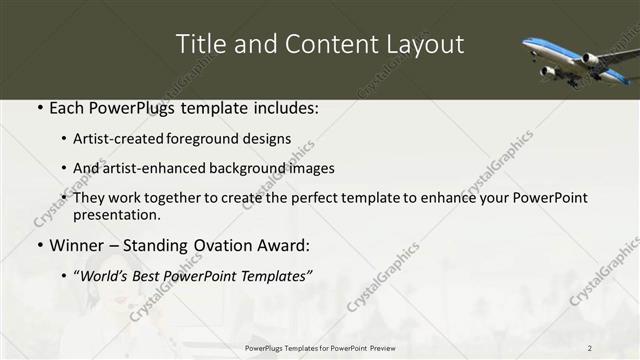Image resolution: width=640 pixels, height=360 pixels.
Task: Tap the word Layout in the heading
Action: [428, 44]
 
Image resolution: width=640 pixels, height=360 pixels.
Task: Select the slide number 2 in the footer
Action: [590, 347]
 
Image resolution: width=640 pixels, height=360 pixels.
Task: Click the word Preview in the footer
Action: [375, 347]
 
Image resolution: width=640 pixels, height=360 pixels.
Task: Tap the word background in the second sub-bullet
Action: [246, 168]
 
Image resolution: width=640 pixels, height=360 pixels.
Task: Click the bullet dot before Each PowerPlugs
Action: [38, 106]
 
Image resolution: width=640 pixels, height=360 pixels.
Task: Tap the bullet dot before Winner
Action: [38, 244]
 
